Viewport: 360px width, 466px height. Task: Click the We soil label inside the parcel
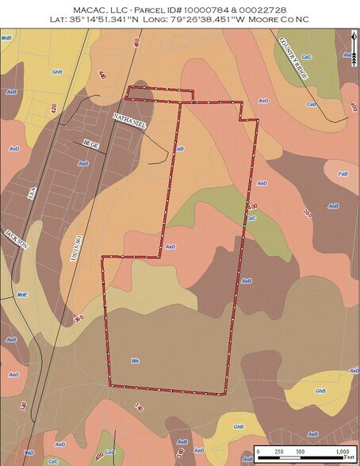[x=135, y=361]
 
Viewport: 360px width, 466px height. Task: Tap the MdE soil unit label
[x=22, y=293]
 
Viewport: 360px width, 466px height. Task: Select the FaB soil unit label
[x=343, y=174]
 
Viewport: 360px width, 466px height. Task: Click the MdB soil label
[x=7, y=37]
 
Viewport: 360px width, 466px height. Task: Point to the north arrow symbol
[x=351, y=48]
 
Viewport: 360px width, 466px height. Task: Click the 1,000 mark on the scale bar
[x=343, y=451]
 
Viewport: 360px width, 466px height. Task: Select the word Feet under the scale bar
[x=349, y=459]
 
